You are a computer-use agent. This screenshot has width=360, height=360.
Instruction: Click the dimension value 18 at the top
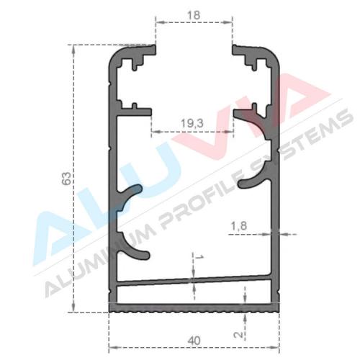tap(194, 15)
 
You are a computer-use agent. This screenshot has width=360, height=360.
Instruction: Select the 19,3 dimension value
tap(192, 123)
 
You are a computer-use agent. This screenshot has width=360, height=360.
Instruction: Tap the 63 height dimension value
tap(67, 179)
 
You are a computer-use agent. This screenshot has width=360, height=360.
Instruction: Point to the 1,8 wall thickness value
tap(239, 226)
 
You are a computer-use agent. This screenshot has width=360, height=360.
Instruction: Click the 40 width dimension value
tap(194, 341)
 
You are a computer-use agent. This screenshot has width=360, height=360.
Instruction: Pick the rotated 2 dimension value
tap(239, 334)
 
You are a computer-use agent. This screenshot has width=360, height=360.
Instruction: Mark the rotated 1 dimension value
tap(200, 257)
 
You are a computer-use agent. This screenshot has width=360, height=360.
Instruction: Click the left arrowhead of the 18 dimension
tap(161, 22)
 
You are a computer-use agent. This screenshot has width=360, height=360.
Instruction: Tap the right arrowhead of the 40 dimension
tap(274, 347)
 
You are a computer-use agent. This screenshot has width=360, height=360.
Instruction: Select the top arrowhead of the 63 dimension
tap(73, 50)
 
